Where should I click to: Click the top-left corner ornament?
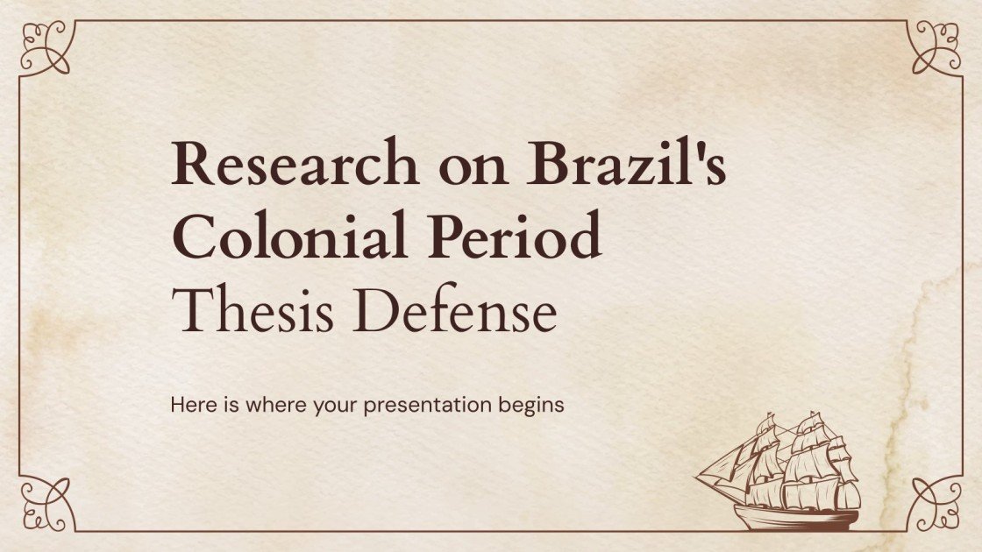pyautogui.click(x=44, y=46)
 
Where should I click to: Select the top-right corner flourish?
pyautogui.click(x=936, y=46)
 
